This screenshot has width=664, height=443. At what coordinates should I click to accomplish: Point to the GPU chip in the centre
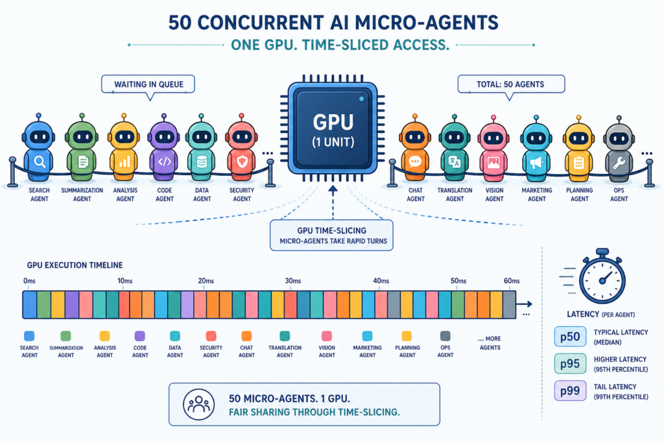pyautogui.click(x=333, y=128)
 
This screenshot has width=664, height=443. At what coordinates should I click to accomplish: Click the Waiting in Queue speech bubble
pyautogui.click(x=148, y=84)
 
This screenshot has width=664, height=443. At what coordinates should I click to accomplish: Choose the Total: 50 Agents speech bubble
pyautogui.click(x=511, y=84)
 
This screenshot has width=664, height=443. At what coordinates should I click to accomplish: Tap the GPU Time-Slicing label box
pyautogui.click(x=331, y=235)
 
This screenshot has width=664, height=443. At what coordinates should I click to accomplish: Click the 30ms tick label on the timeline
pyautogui.click(x=292, y=281)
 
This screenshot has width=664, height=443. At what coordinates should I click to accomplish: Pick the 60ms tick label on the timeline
pyautogui.click(x=512, y=281)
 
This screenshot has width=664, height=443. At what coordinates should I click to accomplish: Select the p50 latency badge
pyautogui.click(x=570, y=337)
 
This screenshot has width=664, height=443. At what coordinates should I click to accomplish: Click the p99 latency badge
pyautogui.click(x=570, y=390)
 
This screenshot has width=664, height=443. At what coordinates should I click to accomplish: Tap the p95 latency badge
pyautogui.click(x=570, y=363)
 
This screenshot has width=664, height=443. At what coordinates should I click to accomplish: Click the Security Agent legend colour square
pyautogui.click(x=211, y=336)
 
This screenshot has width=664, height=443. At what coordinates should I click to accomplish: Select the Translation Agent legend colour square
pyautogui.click(x=285, y=336)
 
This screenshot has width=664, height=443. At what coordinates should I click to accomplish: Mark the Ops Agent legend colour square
pyautogui.click(x=445, y=336)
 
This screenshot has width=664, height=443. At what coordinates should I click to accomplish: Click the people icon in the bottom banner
pyautogui.click(x=198, y=405)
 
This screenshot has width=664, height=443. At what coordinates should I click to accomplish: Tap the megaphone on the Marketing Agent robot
pyautogui.click(x=536, y=163)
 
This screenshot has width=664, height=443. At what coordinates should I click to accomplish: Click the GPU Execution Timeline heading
pyautogui.click(x=75, y=265)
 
